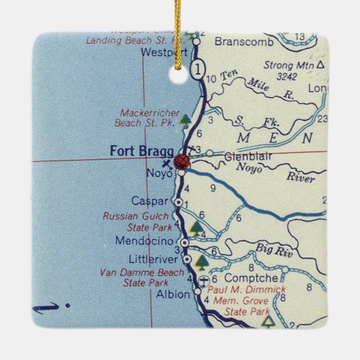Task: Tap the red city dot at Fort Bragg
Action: click(x=182, y=162)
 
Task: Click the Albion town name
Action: click(x=173, y=294)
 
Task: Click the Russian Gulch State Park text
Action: click(x=138, y=221)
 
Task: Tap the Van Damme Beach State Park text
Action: click(x=141, y=277)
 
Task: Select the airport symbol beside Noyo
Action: click(x=166, y=164)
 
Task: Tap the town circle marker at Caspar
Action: click(x=178, y=202)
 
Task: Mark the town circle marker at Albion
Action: click(x=197, y=291)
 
